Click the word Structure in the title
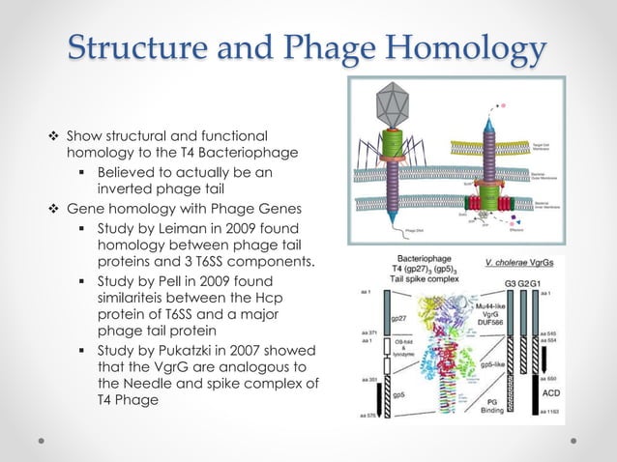coord(146,48)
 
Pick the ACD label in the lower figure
coord(550,392)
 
